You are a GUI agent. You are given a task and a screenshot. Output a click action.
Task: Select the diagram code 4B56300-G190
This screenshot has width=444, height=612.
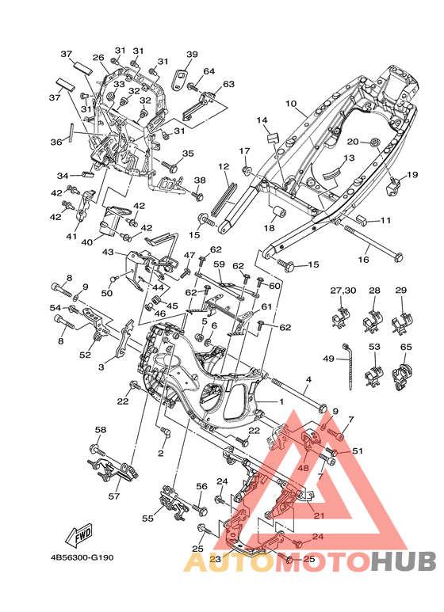point(82,557)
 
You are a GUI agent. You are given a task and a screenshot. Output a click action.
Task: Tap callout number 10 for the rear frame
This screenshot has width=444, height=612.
point(291,104)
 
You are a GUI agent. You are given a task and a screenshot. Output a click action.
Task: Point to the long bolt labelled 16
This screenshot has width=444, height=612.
point(373,242)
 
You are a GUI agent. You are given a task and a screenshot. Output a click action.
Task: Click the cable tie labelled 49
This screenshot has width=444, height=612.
point(348,366)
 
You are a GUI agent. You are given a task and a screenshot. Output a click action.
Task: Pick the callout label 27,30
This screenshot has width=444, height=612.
point(343,291)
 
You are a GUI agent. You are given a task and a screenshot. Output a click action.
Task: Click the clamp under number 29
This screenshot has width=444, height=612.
point(402,320)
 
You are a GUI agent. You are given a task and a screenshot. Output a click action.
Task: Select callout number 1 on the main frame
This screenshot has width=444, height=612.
point(281,401)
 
